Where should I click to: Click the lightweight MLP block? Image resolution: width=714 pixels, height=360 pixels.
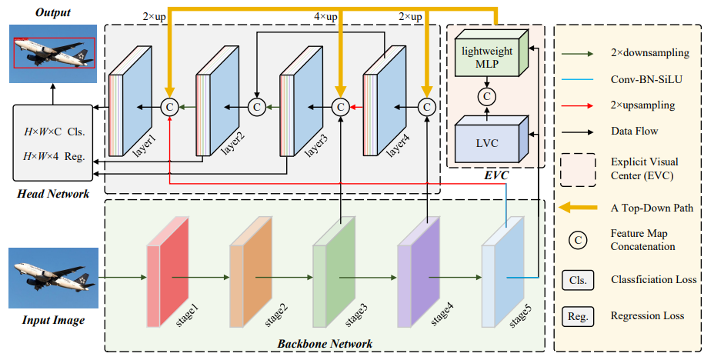[x=492, y=53]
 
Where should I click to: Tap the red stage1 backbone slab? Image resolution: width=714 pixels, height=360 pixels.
[x=168, y=272]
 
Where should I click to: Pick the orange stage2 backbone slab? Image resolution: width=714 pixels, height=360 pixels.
[x=251, y=272]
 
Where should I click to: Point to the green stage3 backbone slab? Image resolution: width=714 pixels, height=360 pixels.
[x=334, y=272]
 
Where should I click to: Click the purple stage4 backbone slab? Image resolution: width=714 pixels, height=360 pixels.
[x=419, y=272]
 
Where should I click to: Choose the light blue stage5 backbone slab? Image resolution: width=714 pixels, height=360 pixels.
[x=503, y=272]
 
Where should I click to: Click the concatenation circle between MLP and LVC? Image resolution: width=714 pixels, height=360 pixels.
[x=487, y=96]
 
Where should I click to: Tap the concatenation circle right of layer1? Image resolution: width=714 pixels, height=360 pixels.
[x=169, y=107]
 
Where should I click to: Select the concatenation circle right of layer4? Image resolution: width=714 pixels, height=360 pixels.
[x=427, y=107]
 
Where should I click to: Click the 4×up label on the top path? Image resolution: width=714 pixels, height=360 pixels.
[x=325, y=17]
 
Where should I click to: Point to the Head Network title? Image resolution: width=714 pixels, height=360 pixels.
[x=53, y=194]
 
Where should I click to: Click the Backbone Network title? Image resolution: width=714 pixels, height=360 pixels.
[x=325, y=344]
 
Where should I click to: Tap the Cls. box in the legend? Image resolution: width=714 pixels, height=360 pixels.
[x=578, y=280]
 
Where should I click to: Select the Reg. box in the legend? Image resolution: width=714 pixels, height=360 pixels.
[x=578, y=316]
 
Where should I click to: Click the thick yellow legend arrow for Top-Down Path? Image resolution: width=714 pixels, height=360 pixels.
[x=578, y=208]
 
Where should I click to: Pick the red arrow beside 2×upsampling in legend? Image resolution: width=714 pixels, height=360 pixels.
[x=577, y=105]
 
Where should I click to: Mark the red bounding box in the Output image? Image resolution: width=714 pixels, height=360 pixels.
[x=54, y=53]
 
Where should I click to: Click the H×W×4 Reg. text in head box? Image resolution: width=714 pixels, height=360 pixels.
[x=54, y=157]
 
